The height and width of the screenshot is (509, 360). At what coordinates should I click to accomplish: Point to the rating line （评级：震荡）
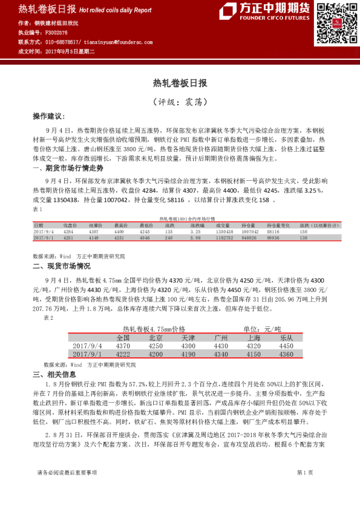(x=180, y=100)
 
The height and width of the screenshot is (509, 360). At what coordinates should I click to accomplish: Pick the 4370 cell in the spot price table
(x=122, y=345)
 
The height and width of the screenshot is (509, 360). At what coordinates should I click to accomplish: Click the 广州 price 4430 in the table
(x=220, y=345)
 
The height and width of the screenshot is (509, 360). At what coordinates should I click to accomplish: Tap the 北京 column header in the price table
(x=155, y=337)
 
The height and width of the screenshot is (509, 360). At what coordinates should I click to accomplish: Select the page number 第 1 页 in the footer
(x=304, y=488)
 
